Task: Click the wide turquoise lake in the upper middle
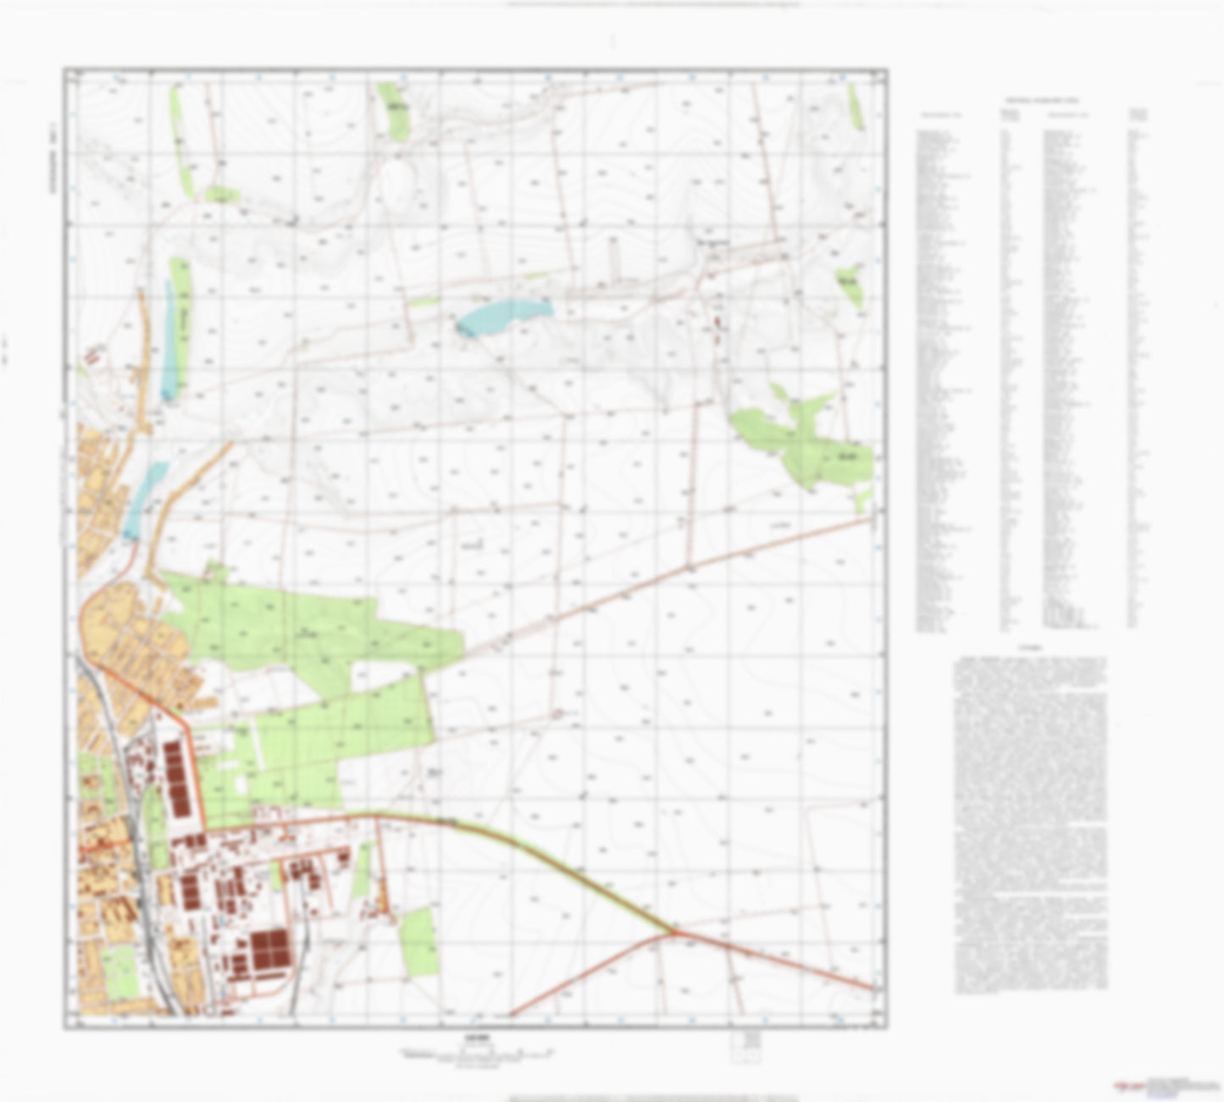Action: point(501,315)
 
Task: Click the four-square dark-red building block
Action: point(270,948)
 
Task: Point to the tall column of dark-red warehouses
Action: point(178,780)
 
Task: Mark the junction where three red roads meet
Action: point(674,933)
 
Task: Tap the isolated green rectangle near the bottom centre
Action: point(417,940)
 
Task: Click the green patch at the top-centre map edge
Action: point(393,108)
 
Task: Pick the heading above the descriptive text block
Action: point(1031,648)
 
